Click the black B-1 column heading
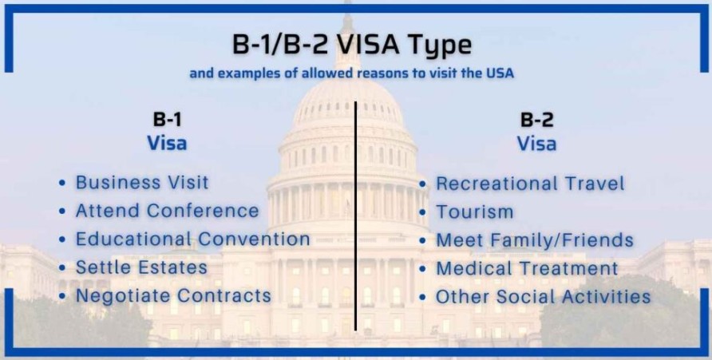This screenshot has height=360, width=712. click(x=167, y=120)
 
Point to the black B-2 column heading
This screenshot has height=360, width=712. click(x=536, y=120)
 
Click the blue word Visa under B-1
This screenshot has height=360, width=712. click(x=167, y=143)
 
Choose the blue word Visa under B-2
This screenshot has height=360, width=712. click(x=536, y=144)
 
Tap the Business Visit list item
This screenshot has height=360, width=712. click(x=142, y=182)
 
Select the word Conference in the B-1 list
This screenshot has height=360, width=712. click(x=203, y=211)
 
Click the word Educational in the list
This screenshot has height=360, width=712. click(x=133, y=239)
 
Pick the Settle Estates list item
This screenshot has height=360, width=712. click(x=141, y=267)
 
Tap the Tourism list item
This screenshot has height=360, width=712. click(x=474, y=212)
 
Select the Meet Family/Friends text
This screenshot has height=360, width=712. click(x=535, y=240)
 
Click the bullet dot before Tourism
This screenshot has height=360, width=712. click(x=423, y=212)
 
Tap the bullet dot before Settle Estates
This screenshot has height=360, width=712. click(x=62, y=268)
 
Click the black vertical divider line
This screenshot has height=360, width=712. click(x=355, y=216)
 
